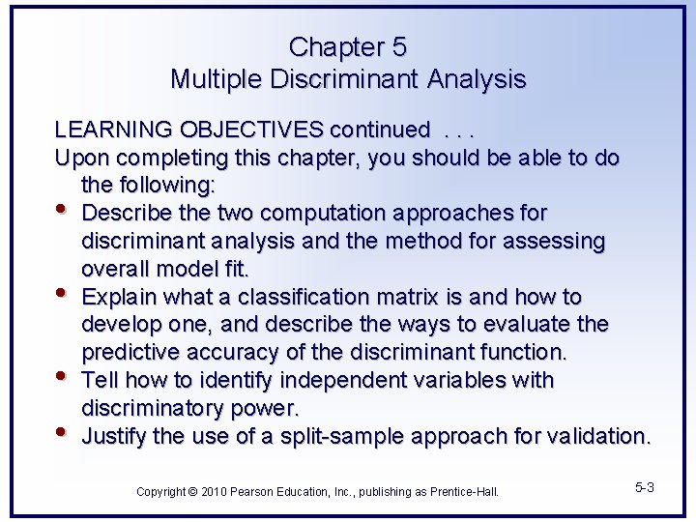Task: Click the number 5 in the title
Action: pyautogui.click(x=399, y=46)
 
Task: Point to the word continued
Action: pyautogui.click(x=379, y=130)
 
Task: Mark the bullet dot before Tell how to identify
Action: pyautogui.click(x=64, y=376)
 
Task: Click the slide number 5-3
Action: pyautogui.click(x=644, y=487)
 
